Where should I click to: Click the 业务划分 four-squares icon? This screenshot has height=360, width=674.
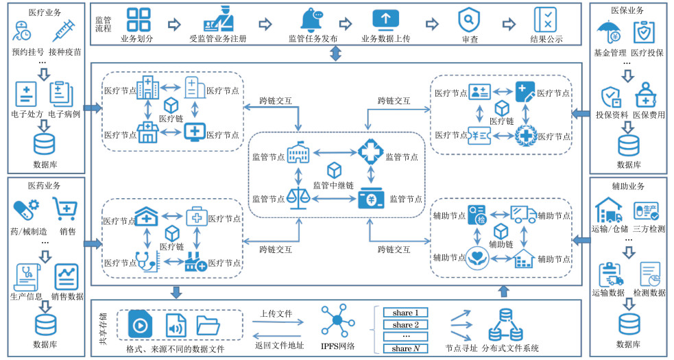tap(139, 20)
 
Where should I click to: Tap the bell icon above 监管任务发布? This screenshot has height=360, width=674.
tap(312, 20)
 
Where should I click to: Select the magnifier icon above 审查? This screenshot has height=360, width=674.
tap(469, 19)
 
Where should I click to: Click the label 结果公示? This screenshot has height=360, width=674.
tap(546, 39)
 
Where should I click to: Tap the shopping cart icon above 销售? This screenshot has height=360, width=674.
tap(66, 206)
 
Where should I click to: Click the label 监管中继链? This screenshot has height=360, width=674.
tap(334, 184)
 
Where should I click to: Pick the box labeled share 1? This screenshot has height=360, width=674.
tap(405, 313)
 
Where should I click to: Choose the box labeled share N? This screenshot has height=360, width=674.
tap(405, 348)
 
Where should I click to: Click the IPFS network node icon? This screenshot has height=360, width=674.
tap(337, 320)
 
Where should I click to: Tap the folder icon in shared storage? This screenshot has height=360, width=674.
tap(208, 325)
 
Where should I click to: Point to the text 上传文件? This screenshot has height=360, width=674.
tap(275, 313)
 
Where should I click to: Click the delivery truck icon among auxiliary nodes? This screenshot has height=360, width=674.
tap(523, 214)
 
